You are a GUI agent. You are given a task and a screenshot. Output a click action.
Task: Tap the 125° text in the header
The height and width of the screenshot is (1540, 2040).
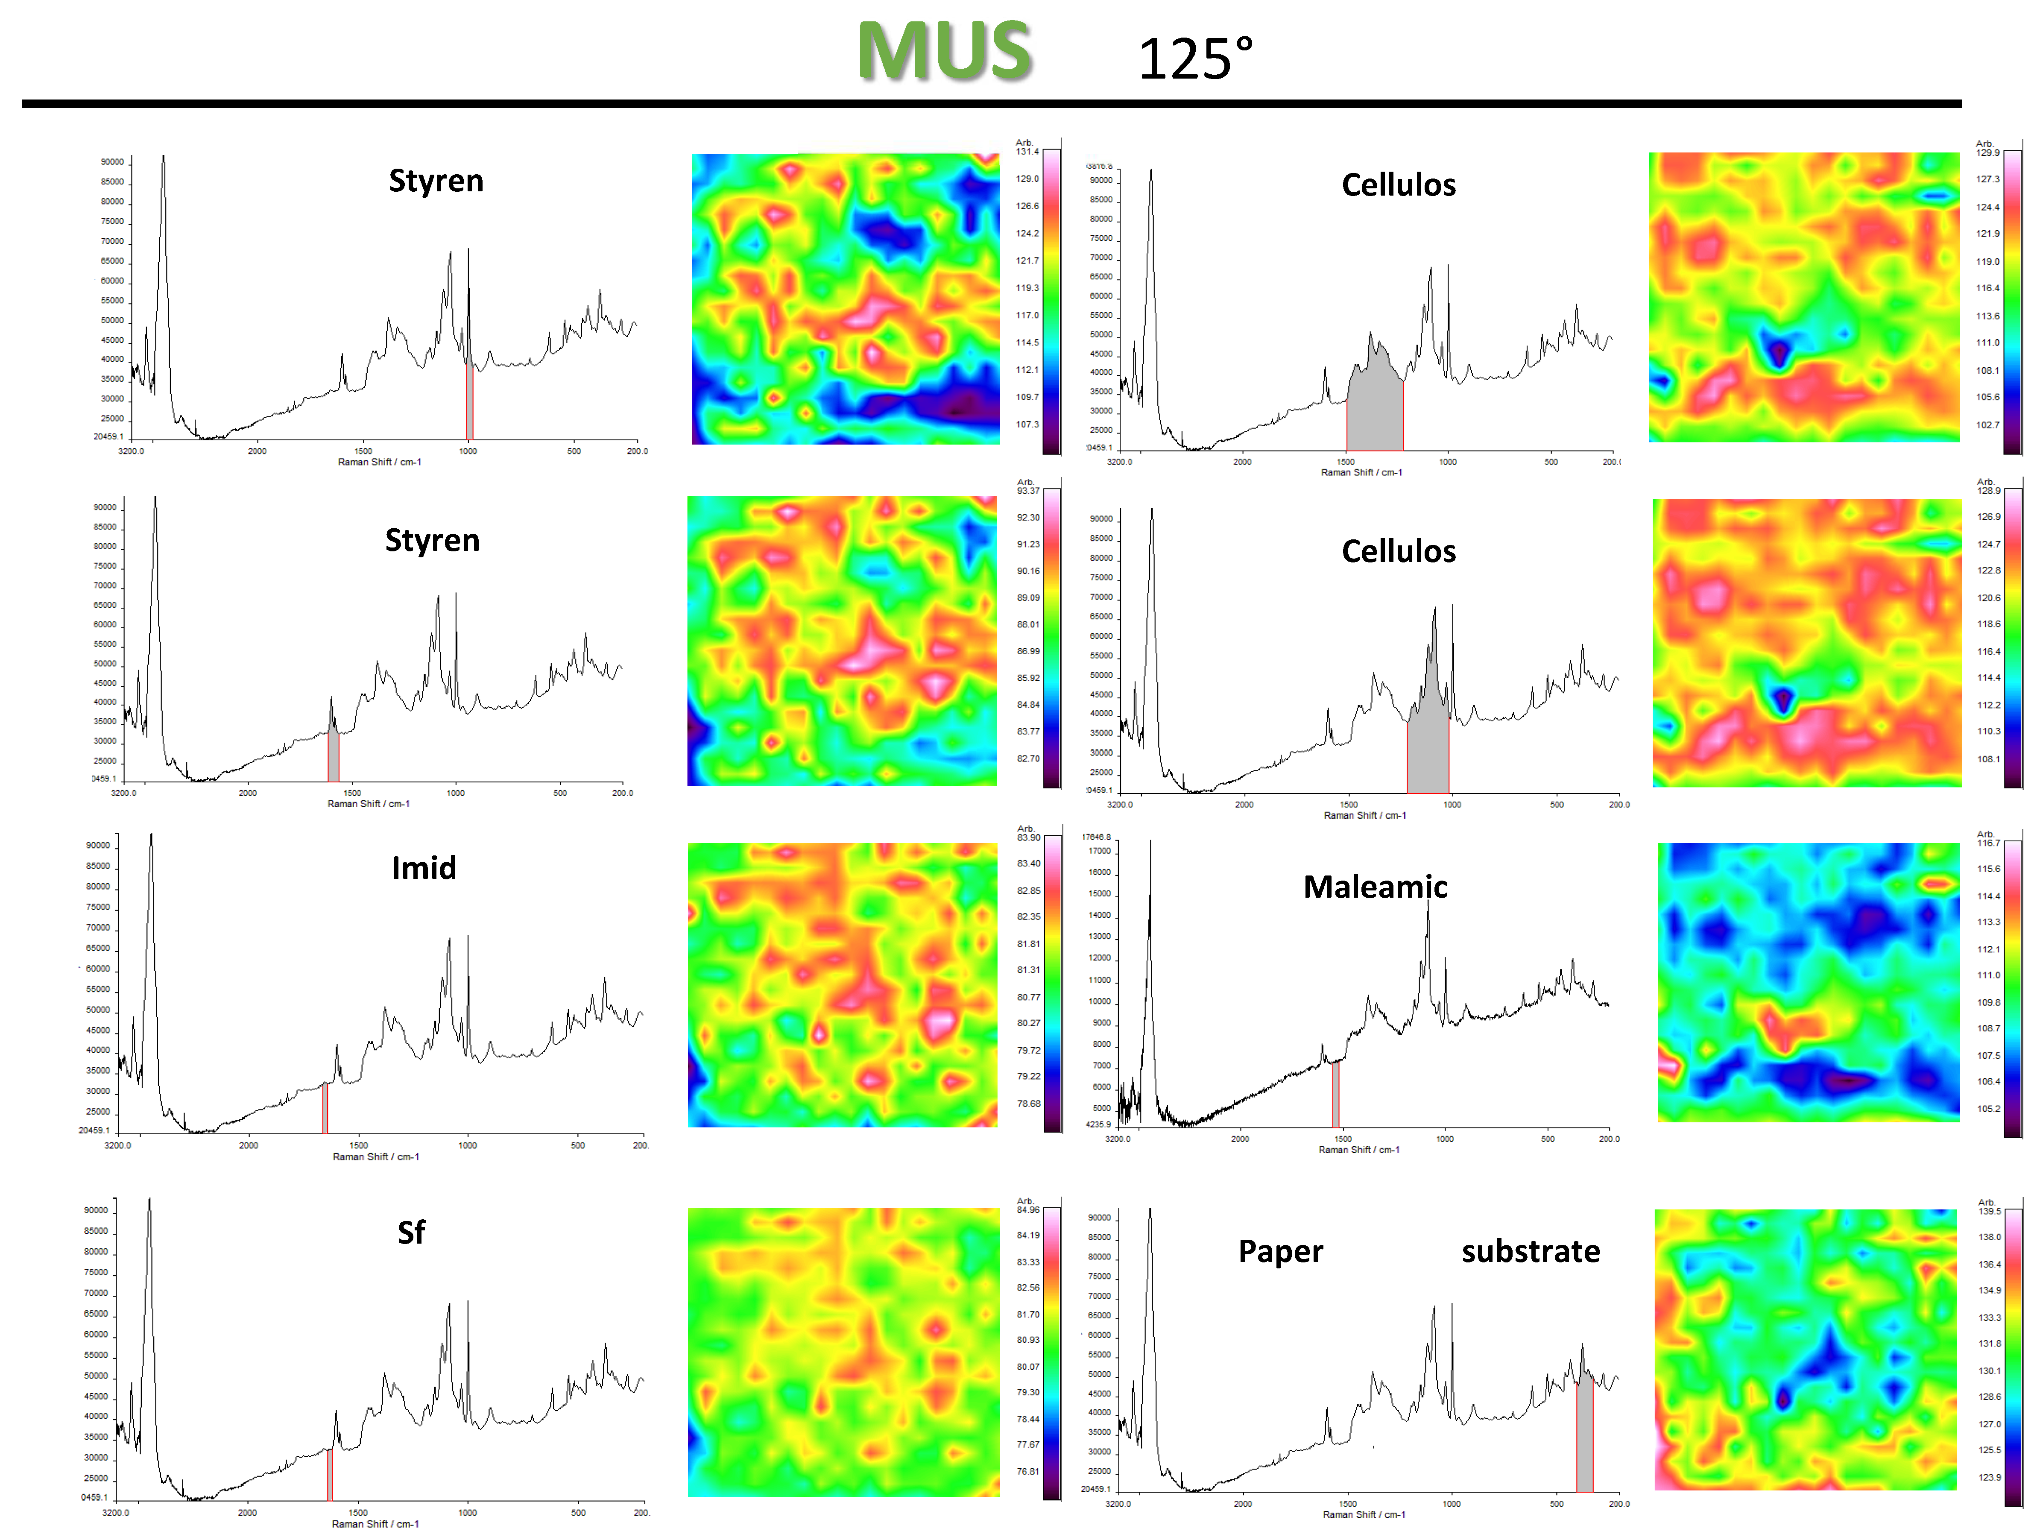click(1195, 59)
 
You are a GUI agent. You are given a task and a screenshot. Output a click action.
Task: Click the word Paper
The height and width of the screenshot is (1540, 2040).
click(1280, 1251)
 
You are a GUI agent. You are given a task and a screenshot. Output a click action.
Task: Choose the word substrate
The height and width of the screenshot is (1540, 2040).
click(1531, 1251)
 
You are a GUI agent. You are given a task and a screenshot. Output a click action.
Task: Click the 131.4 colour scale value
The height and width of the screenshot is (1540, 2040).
click(1027, 151)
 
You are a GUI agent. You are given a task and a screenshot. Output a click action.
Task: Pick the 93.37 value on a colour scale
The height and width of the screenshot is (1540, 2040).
click(1028, 491)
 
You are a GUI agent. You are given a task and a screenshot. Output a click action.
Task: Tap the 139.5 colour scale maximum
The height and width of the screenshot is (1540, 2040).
click(1989, 1211)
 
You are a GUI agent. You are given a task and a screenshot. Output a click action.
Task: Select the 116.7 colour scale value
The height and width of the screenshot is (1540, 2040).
click(1988, 843)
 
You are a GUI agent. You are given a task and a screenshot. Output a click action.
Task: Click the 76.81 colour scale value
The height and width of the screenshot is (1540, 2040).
click(1028, 1472)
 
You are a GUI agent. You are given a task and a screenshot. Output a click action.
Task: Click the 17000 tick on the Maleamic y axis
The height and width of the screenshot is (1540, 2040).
click(1100, 851)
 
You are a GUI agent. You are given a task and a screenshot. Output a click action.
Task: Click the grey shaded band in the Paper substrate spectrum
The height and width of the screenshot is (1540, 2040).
click(1584, 1434)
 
